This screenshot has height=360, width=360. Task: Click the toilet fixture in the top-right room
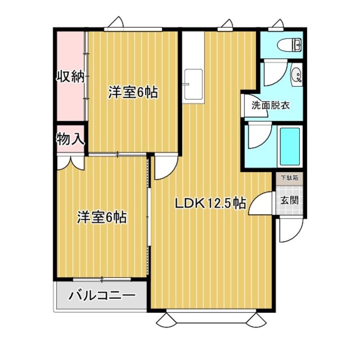289,44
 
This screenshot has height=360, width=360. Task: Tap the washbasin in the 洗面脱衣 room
297,76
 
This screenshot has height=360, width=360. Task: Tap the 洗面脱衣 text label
271,105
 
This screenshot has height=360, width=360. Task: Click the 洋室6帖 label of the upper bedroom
133,92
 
